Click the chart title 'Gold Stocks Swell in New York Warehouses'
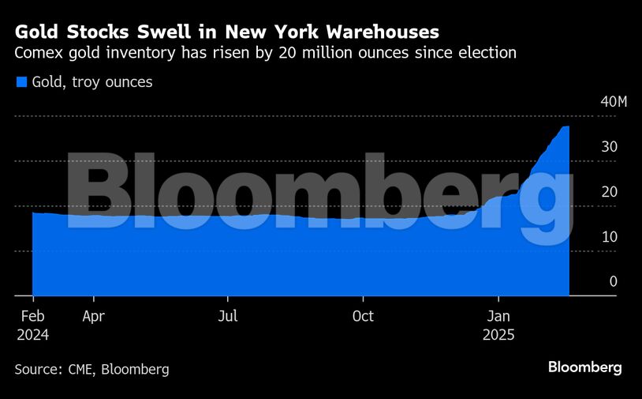[227, 32]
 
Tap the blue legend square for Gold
[21, 81]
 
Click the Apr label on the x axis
[93, 317]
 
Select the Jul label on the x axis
[228, 317]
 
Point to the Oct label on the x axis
[363, 317]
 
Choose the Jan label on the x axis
[498, 317]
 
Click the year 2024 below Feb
[32, 335]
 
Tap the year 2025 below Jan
[498, 335]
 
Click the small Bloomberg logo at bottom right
[584, 367]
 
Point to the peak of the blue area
[565, 127]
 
